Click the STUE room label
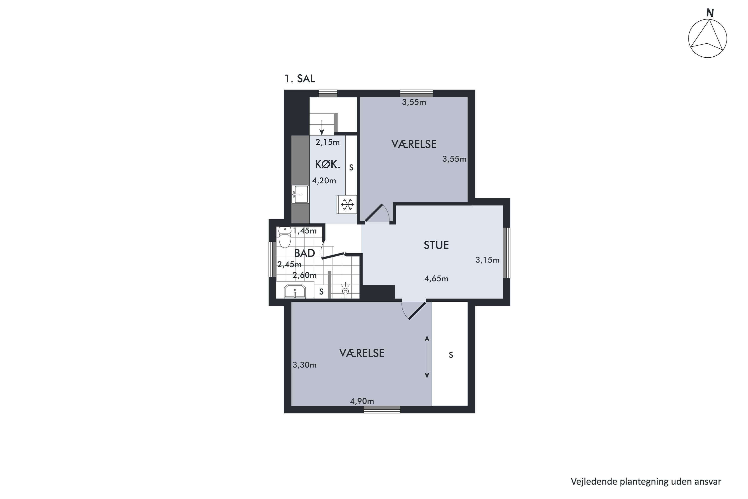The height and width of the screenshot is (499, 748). tap(436, 245)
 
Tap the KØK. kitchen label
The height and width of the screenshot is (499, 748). tap(327, 164)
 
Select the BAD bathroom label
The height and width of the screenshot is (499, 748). tap(304, 253)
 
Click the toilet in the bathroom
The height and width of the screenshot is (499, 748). tap(285, 237)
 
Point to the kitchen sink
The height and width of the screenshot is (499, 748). tap(300, 194)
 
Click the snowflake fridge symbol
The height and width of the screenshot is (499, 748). tap(347, 204)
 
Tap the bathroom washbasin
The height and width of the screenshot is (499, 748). tap(295, 291)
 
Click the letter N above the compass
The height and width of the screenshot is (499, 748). tap(710, 13)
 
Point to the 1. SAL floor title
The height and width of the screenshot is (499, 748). tap(300, 79)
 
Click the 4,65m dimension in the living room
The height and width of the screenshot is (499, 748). tap(436, 279)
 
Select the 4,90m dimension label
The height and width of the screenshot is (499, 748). tap(362, 401)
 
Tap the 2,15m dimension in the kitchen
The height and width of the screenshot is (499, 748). tap(328, 142)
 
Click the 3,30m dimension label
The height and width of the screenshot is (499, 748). tap(304, 365)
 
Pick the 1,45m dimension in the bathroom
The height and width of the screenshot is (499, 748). tap(305, 231)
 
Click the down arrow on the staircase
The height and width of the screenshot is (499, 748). tap(322, 127)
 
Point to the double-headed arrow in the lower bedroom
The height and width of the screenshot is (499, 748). tap(427, 357)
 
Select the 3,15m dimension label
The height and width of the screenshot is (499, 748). tap(487, 260)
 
